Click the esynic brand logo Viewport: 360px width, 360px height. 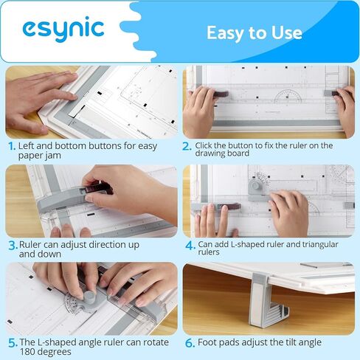point(63,29)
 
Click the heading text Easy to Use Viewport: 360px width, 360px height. point(254,32)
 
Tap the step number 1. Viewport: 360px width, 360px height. point(11,146)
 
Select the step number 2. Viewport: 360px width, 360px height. point(187,146)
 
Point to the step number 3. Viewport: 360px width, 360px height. point(12,244)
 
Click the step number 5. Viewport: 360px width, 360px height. point(12,343)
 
